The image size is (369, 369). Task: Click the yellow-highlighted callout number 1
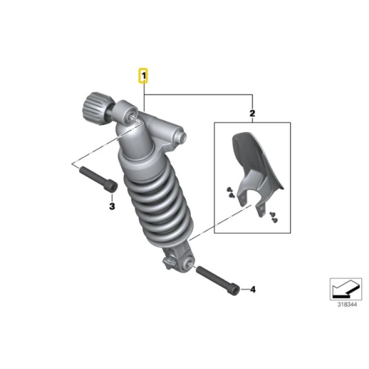[143, 76]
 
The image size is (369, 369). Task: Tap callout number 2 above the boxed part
[252, 113]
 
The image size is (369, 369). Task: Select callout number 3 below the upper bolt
[112, 206]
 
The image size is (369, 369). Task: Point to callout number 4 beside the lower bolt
[252, 289]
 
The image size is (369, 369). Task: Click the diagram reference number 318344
[347, 304]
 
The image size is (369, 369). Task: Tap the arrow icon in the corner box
[346, 289]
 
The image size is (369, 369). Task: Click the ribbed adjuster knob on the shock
[93, 109]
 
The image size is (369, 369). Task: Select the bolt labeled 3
[98, 179]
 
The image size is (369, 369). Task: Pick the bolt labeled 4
[218, 280]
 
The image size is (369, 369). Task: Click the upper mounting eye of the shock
[133, 117]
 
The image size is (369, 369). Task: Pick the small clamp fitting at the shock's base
[168, 262]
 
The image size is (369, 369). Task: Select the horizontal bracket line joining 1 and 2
[198, 95]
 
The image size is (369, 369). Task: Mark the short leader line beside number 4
[245, 289]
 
